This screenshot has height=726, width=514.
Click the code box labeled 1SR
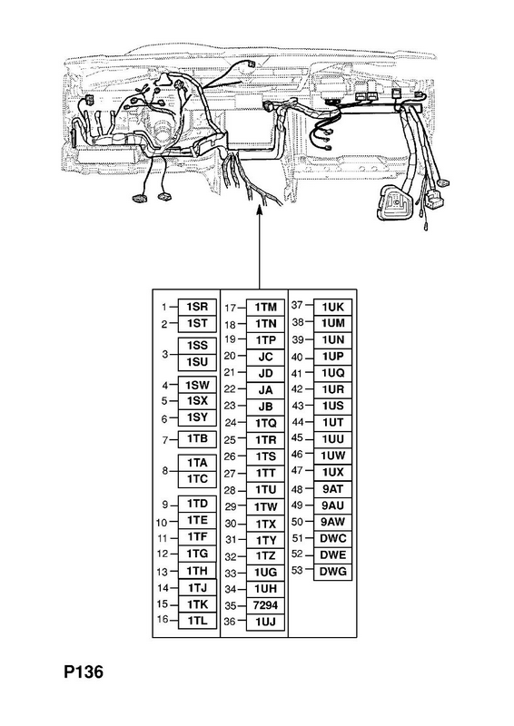(197, 307)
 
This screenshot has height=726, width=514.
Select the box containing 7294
(265, 605)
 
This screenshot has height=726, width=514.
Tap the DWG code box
(332, 572)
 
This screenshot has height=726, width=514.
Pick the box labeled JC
(265, 357)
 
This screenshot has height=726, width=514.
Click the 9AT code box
(332, 489)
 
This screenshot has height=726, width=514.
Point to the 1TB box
(197, 439)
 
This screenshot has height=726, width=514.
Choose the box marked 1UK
(332, 307)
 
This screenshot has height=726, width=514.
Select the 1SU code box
(197, 362)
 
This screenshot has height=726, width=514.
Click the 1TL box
(197, 621)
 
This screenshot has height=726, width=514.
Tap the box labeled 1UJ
(265, 622)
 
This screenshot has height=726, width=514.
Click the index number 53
(297, 570)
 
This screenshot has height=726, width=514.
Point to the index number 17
(231, 308)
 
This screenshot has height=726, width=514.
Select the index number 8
(165, 471)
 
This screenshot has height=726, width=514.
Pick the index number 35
(231, 605)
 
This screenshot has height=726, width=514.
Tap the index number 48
(297, 489)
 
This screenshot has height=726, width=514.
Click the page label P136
(84, 672)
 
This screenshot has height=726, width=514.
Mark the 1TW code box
(265, 507)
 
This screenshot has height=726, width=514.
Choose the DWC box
(332, 538)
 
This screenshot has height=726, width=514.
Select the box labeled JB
(265, 407)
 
